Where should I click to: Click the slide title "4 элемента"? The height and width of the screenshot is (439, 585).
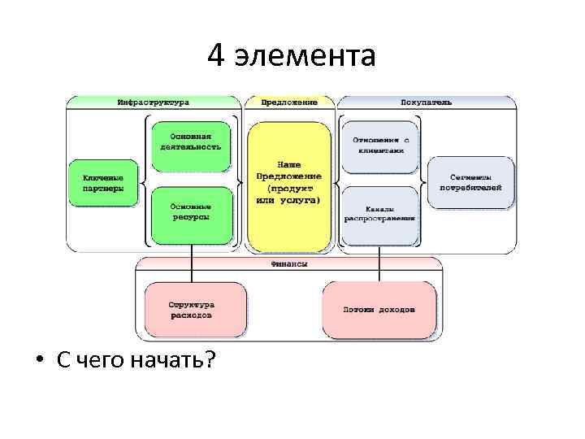292,55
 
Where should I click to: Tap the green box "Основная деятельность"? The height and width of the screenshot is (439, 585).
191,141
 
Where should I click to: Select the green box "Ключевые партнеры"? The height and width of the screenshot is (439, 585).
103,182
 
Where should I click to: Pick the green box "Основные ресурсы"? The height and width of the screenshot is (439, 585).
191,213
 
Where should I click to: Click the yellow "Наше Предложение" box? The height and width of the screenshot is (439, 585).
289,182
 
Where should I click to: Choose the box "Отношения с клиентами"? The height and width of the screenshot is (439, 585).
379,145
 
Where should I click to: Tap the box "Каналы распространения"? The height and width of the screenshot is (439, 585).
379,213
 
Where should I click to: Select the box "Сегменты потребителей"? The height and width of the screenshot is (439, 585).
470,182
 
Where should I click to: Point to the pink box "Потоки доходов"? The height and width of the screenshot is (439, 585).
379,310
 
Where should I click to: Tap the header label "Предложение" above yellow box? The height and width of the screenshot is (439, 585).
289,102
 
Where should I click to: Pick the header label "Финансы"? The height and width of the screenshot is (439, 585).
289,264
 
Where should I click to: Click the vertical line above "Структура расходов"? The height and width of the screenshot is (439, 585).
191,263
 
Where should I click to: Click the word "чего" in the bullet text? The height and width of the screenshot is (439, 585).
100,361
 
